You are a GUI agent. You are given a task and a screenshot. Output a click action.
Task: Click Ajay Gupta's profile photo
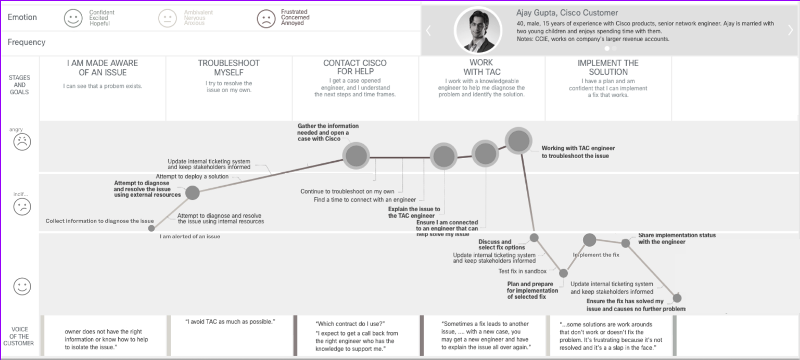coord(478,31)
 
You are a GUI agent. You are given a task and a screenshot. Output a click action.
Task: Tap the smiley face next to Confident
coord(73,18)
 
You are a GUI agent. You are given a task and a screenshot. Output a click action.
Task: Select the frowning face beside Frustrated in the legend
coord(266,19)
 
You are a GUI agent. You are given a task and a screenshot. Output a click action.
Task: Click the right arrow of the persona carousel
coord(790,31)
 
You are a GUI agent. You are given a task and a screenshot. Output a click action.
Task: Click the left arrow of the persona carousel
coord(428,31)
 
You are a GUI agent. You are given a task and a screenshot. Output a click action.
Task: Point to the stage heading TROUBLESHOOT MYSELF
coord(228,68)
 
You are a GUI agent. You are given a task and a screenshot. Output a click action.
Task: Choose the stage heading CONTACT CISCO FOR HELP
coord(355,68)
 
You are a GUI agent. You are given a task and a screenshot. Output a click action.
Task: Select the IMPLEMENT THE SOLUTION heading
coord(608,68)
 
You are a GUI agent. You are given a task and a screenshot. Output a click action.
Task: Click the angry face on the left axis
coord(22,142)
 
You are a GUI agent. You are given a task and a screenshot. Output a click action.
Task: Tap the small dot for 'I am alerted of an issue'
coord(151,228)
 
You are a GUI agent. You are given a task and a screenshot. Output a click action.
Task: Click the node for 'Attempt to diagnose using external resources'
coord(193,193)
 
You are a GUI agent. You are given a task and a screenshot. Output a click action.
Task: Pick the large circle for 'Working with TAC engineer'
coord(518,140)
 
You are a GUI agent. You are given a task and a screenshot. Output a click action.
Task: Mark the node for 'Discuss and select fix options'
coord(534,238)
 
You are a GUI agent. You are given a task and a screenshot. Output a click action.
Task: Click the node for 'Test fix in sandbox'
coord(563,273)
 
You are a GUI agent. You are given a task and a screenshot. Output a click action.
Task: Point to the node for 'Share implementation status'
coord(626,243)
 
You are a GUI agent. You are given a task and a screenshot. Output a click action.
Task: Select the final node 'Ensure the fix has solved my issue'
coord(677,298)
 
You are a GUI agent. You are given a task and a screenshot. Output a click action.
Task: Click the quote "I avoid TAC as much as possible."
coord(230,322)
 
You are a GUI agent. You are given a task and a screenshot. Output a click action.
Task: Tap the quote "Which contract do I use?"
coord(350,324)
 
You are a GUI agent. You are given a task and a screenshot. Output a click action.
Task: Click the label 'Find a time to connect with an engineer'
coord(365,200)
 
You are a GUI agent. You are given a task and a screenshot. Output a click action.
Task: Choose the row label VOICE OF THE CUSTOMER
coord(19,336)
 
